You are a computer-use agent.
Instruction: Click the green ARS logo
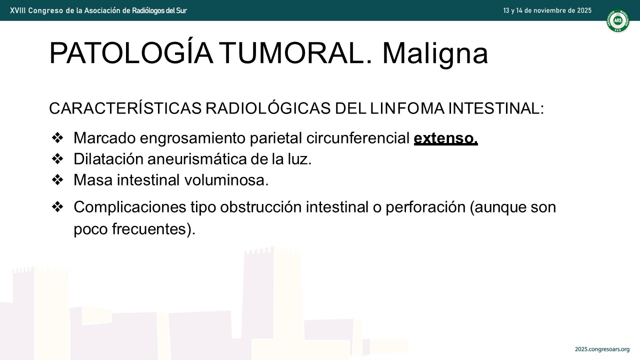click(x=617, y=20)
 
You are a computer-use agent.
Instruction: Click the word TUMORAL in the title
click(x=295, y=53)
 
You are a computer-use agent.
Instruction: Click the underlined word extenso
click(x=445, y=138)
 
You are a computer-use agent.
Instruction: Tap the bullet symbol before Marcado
click(x=57, y=138)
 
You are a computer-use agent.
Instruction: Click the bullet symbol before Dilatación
click(x=57, y=159)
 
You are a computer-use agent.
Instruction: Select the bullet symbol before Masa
click(x=57, y=180)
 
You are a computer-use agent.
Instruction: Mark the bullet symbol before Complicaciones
click(x=57, y=207)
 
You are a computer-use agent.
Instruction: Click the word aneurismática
click(x=197, y=159)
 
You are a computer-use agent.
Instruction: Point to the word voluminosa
click(x=226, y=180)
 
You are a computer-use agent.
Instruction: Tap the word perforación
click(x=425, y=207)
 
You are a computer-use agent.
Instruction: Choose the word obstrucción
click(x=260, y=207)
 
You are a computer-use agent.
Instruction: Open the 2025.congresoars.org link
click(x=602, y=349)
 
